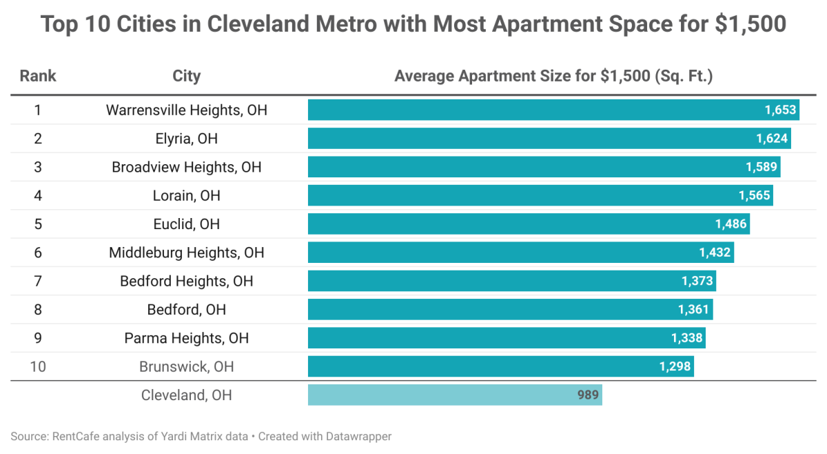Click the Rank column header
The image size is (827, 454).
pos(38,76)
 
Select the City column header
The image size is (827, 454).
pos(186,76)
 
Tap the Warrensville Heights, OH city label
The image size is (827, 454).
pos(186,110)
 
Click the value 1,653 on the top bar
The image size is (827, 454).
pos(780,110)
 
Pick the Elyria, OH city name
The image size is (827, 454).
pos(186,139)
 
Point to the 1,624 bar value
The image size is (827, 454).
pos(772,139)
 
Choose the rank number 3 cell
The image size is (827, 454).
pos(38,167)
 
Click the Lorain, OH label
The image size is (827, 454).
pos(186,196)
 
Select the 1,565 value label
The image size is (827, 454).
pos(755,196)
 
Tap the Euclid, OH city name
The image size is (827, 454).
pos(186,224)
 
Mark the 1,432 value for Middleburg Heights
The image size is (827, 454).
pos(715,253)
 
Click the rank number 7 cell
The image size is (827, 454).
pos(38,282)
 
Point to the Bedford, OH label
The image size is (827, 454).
pos(186,310)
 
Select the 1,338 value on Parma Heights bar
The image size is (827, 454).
pos(687,338)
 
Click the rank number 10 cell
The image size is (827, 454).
pos(38,366)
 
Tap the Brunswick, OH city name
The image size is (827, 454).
pos(186,366)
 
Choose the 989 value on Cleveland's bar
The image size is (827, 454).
pos(588,395)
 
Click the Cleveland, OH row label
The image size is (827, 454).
pos(186,395)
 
